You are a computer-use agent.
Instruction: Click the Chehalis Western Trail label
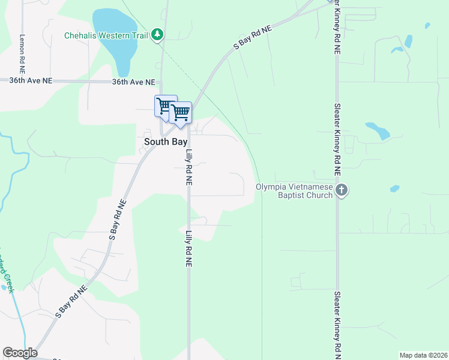point(107,35)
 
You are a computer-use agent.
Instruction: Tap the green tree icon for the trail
point(157,34)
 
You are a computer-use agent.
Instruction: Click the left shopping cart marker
point(164,106)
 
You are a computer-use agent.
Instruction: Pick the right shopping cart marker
point(180,112)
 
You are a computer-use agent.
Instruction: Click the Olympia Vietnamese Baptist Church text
point(294,190)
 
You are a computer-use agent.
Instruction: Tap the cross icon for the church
point(342,190)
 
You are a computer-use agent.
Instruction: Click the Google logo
point(20,353)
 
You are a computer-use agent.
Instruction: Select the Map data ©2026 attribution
point(423,355)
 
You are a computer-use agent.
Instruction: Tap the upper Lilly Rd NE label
point(188,166)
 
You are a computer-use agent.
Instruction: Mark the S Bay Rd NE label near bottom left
point(71,301)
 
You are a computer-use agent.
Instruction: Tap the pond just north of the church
point(378,130)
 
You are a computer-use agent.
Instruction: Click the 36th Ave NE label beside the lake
point(133,82)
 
